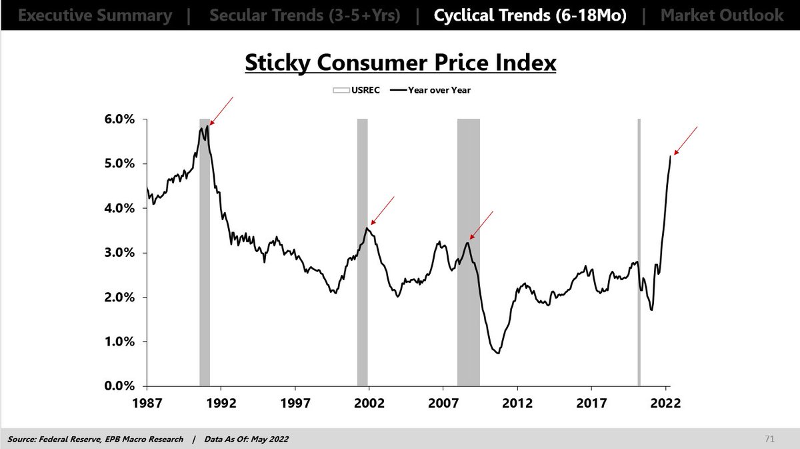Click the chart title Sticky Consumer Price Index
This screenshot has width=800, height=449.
[x=400, y=63]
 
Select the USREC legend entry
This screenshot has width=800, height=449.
[x=357, y=90]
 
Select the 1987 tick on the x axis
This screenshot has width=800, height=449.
[x=147, y=404]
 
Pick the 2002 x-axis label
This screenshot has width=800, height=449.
[x=369, y=404]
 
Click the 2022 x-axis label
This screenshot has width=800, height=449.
[x=665, y=404]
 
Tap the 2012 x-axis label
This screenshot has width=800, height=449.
[x=517, y=404]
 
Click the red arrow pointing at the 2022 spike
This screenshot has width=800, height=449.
[x=685, y=140]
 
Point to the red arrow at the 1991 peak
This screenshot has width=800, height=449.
[x=221, y=110]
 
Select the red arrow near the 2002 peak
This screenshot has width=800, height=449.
[x=382, y=210]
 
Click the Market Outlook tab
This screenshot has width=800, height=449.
[x=722, y=15]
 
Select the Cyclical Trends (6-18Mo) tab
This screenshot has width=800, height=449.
[x=531, y=15]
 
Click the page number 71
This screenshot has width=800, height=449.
[x=769, y=438]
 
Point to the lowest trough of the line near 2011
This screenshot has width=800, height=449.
[x=497, y=353]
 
